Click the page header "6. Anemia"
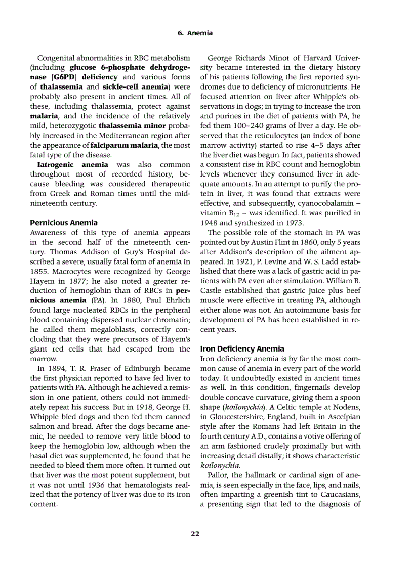pyautogui.click(x=195, y=33)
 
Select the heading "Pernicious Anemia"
pyautogui.click(x=64, y=223)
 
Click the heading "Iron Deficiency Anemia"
pyautogui.click(x=242, y=349)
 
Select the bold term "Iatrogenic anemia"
pyautogui.click(x=73, y=165)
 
